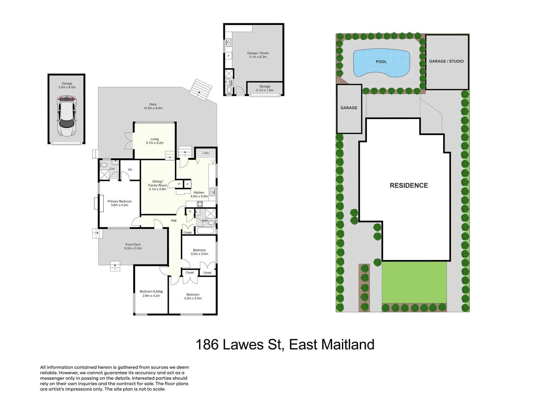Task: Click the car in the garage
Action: (x=66, y=116)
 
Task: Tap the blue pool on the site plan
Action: (x=381, y=63)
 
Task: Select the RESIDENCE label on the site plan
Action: (x=409, y=186)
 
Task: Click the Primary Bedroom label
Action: (x=119, y=203)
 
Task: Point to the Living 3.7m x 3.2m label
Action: (x=155, y=141)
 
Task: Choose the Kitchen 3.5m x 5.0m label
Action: (x=199, y=195)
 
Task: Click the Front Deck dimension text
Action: (x=133, y=248)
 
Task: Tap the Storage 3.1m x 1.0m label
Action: (x=265, y=88)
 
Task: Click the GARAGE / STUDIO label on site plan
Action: (x=446, y=61)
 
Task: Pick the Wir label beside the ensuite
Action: (x=130, y=170)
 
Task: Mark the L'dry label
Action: (x=205, y=153)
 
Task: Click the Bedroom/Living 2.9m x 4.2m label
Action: (x=151, y=294)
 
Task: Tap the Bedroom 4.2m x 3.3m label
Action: (x=193, y=296)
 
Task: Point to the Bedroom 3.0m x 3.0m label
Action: (x=200, y=252)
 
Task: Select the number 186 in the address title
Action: (x=207, y=345)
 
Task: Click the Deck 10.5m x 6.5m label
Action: (x=153, y=106)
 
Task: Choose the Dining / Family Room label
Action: (x=158, y=185)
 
